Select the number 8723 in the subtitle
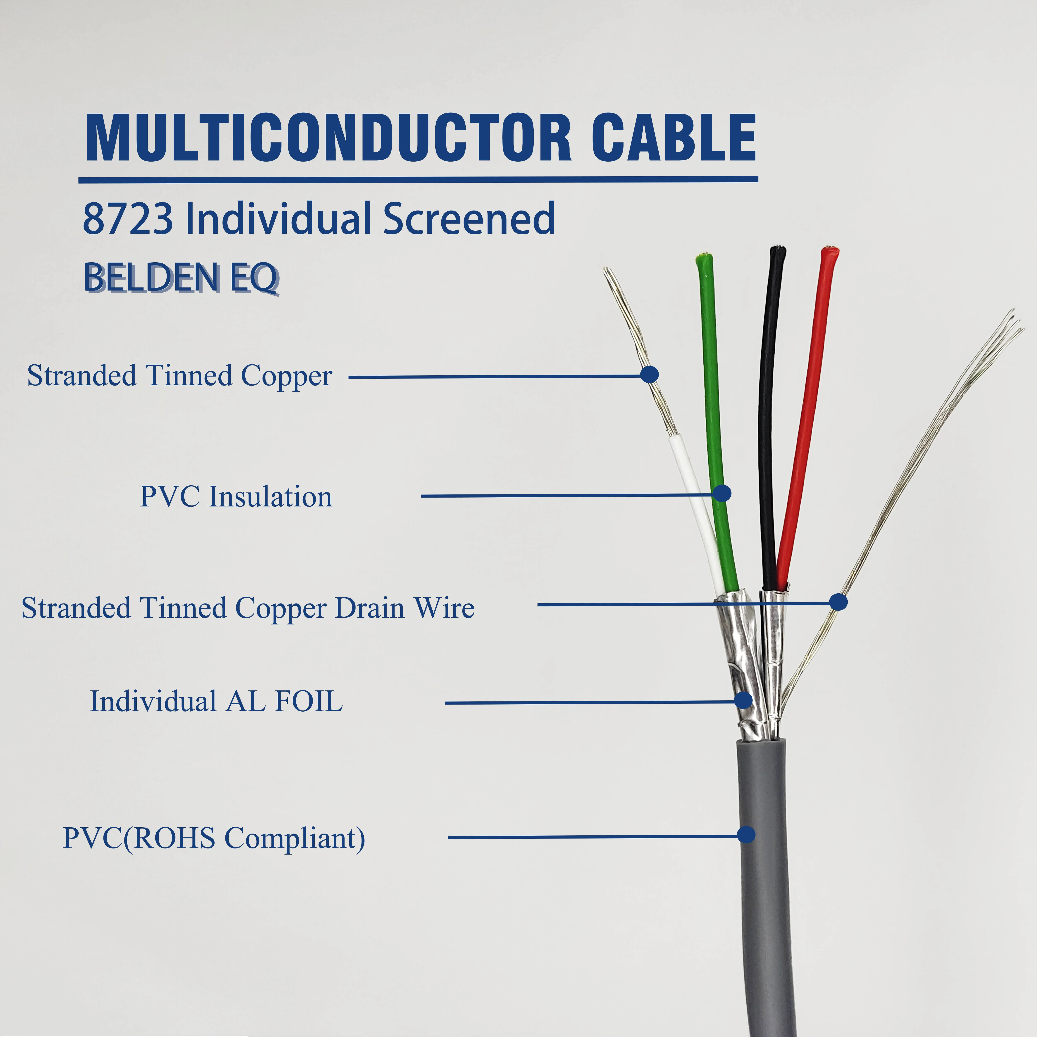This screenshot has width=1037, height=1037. tap(128, 219)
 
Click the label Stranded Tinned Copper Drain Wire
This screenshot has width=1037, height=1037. tap(248, 608)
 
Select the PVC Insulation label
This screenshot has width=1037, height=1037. tap(236, 497)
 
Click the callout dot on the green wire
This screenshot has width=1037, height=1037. tap(722, 493)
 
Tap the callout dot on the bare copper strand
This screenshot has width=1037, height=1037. tap(650, 374)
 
